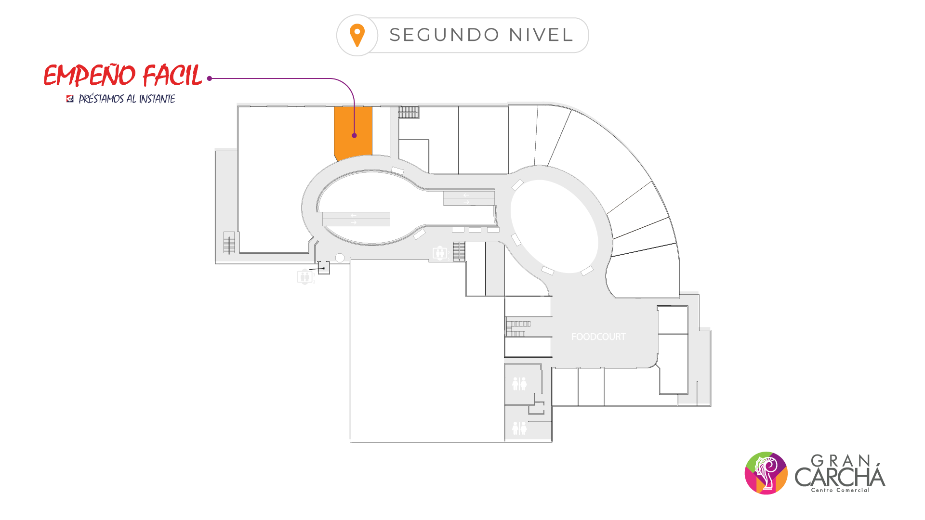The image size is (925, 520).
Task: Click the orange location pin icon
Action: pyautogui.click(x=357, y=35)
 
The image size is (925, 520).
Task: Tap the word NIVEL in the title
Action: pyautogui.click(x=541, y=35)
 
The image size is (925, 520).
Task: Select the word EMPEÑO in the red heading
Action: pyautogui.click(x=90, y=76)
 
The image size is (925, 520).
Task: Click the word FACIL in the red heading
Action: pyautogui.click(x=172, y=76)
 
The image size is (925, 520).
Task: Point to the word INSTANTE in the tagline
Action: pyautogui.click(x=157, y=99)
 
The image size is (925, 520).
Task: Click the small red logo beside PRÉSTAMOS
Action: pyautogui.click(x=70, y=99)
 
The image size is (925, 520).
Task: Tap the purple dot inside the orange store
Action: pyautogui.click(x=354, y=135)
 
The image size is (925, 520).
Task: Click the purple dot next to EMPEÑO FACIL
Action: pyautogui.click(x=210, y=78)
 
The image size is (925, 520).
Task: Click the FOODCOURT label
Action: pyautogui.click(x=598, y=337)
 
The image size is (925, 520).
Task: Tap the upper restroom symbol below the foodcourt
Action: pyautogui.click(x=519, y=384)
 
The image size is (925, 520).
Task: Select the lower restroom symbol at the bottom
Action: pyautogui.click(x=519, y=428)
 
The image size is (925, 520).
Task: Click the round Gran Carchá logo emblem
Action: pyautogui.click(x=766, y=473)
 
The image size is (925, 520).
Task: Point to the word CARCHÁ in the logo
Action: pyautogui.click(x=840, y=477)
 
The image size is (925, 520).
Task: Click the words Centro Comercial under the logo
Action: pyautogui.click(x=840, y=490)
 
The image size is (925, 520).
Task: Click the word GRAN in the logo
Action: pyautogui.click(x=841, y=461)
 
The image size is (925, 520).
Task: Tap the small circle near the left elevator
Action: pyautogui.click(x=340, y=258)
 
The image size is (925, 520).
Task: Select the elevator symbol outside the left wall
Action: pyautogui.click(x=304, y=277)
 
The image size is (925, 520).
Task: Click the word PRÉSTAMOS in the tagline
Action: pyautogui.click(x=101, y=99)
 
